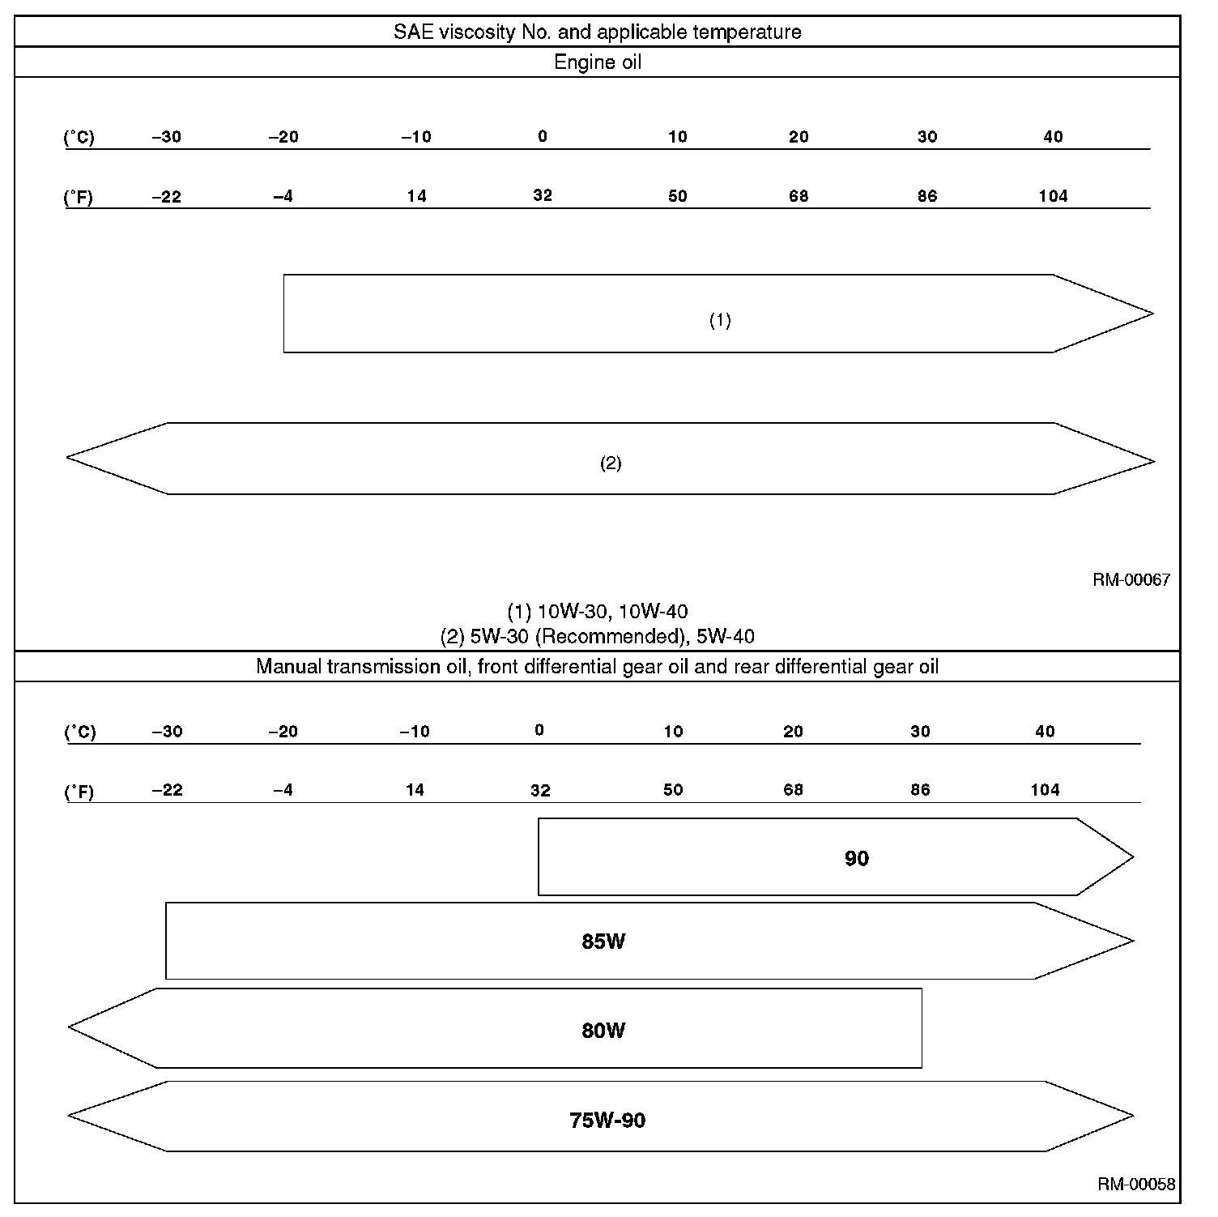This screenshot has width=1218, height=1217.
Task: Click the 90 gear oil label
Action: coord(856,858)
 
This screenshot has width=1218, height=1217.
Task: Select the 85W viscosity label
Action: coord(603,942)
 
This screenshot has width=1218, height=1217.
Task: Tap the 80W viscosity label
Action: coord(603,1031)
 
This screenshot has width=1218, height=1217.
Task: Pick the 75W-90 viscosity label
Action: coord(607,1121)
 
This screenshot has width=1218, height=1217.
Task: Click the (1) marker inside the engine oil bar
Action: coord(720,320)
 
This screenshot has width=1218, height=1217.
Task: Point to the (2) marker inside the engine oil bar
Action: coord(611,463)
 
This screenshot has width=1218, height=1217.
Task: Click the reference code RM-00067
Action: coord(1131,579)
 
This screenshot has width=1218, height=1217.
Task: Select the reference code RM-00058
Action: coord(1136,1184)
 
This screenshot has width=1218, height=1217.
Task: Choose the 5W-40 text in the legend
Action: coord(725,636)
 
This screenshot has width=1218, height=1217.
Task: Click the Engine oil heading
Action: coord(598,62)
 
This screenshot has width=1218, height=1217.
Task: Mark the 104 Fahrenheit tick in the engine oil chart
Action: coord(1053,196)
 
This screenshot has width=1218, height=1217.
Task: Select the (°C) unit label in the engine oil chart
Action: coord(79,137)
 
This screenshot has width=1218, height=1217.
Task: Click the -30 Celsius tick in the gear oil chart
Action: coord(167,732)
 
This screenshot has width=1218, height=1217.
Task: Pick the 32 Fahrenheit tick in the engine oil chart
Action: coord(543,195)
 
